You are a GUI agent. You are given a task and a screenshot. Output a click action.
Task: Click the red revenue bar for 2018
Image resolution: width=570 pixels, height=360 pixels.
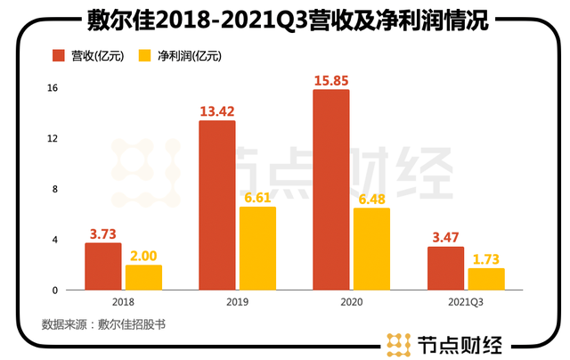click(x=102, y=266)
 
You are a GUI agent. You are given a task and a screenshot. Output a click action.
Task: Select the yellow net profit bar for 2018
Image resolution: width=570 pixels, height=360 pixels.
click(x=143, y=277)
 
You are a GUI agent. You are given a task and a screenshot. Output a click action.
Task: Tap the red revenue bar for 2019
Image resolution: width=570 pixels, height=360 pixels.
click(x=216, y=205)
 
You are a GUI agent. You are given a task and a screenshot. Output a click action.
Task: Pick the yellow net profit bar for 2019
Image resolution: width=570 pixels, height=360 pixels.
click(x=257, y=248)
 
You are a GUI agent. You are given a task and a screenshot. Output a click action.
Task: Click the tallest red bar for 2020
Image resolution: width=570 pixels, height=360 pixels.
click(x=330, y=190)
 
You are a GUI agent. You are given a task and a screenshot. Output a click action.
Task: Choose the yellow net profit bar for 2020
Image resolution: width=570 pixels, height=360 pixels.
click(x=370, y=249)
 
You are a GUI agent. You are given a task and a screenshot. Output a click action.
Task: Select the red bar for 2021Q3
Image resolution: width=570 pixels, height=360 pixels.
click(x=445, y=268)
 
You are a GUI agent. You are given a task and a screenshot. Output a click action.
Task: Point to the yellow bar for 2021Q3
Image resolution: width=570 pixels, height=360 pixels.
click(x=485, y=279)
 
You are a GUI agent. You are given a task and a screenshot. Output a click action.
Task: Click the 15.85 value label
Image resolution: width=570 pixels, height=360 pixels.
click(x=330, y=80)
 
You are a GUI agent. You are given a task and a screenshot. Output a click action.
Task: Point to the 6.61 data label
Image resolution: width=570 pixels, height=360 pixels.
click(x=257, y=197)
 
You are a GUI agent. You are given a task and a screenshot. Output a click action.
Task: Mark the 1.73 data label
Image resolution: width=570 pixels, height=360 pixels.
click(x=485, y=258)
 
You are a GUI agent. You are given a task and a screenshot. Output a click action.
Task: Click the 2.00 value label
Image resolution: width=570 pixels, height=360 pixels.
click(x=143, y=255)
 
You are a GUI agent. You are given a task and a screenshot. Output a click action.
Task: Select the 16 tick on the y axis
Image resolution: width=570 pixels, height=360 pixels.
click(x=53, y=88)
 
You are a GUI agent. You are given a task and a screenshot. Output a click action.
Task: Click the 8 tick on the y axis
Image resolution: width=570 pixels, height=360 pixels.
click(x=55, y=189)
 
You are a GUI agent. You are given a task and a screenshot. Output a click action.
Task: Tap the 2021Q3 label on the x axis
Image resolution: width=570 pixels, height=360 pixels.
click(x=465, y=303)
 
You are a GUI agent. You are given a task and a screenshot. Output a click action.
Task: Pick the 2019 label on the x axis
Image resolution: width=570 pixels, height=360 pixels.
click(x=237, y=303)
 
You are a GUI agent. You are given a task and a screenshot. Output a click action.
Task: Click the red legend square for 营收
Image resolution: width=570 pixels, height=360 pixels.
click(x=60, y=55)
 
